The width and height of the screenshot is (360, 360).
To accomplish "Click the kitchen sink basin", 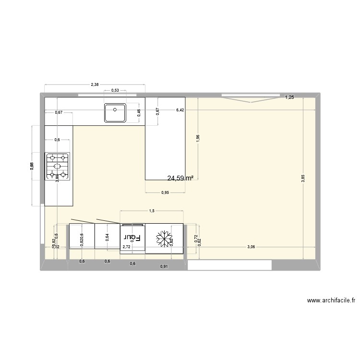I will point(115,113).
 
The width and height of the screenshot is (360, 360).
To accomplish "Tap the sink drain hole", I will point(115,109).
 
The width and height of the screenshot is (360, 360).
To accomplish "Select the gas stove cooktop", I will point(57,166).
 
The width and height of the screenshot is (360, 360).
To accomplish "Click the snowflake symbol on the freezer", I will point(165,238).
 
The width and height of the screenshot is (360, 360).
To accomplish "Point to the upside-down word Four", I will point(132,237).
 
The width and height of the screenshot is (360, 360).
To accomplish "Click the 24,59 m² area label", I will point(180,178).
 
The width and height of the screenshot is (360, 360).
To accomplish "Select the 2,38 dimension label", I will point(95,84).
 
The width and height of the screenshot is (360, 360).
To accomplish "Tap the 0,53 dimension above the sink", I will point(115,90).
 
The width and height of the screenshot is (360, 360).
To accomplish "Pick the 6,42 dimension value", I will point(180,110).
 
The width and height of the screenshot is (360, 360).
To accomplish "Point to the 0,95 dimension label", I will point(165,193).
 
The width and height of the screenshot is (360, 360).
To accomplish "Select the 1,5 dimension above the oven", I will point(152,211).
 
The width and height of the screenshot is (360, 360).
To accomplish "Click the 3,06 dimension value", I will point(251,247).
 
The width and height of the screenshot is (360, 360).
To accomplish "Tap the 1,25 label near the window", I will point(289,97).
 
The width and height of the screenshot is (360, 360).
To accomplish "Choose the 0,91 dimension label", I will point(164,266).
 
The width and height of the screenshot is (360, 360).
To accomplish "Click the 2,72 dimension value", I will point(127,247).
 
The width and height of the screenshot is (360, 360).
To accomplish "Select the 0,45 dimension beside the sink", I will point(139,113).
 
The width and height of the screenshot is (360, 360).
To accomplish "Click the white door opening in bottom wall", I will point(229,265).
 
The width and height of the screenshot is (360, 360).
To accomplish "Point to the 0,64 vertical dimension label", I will point(108,237).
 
